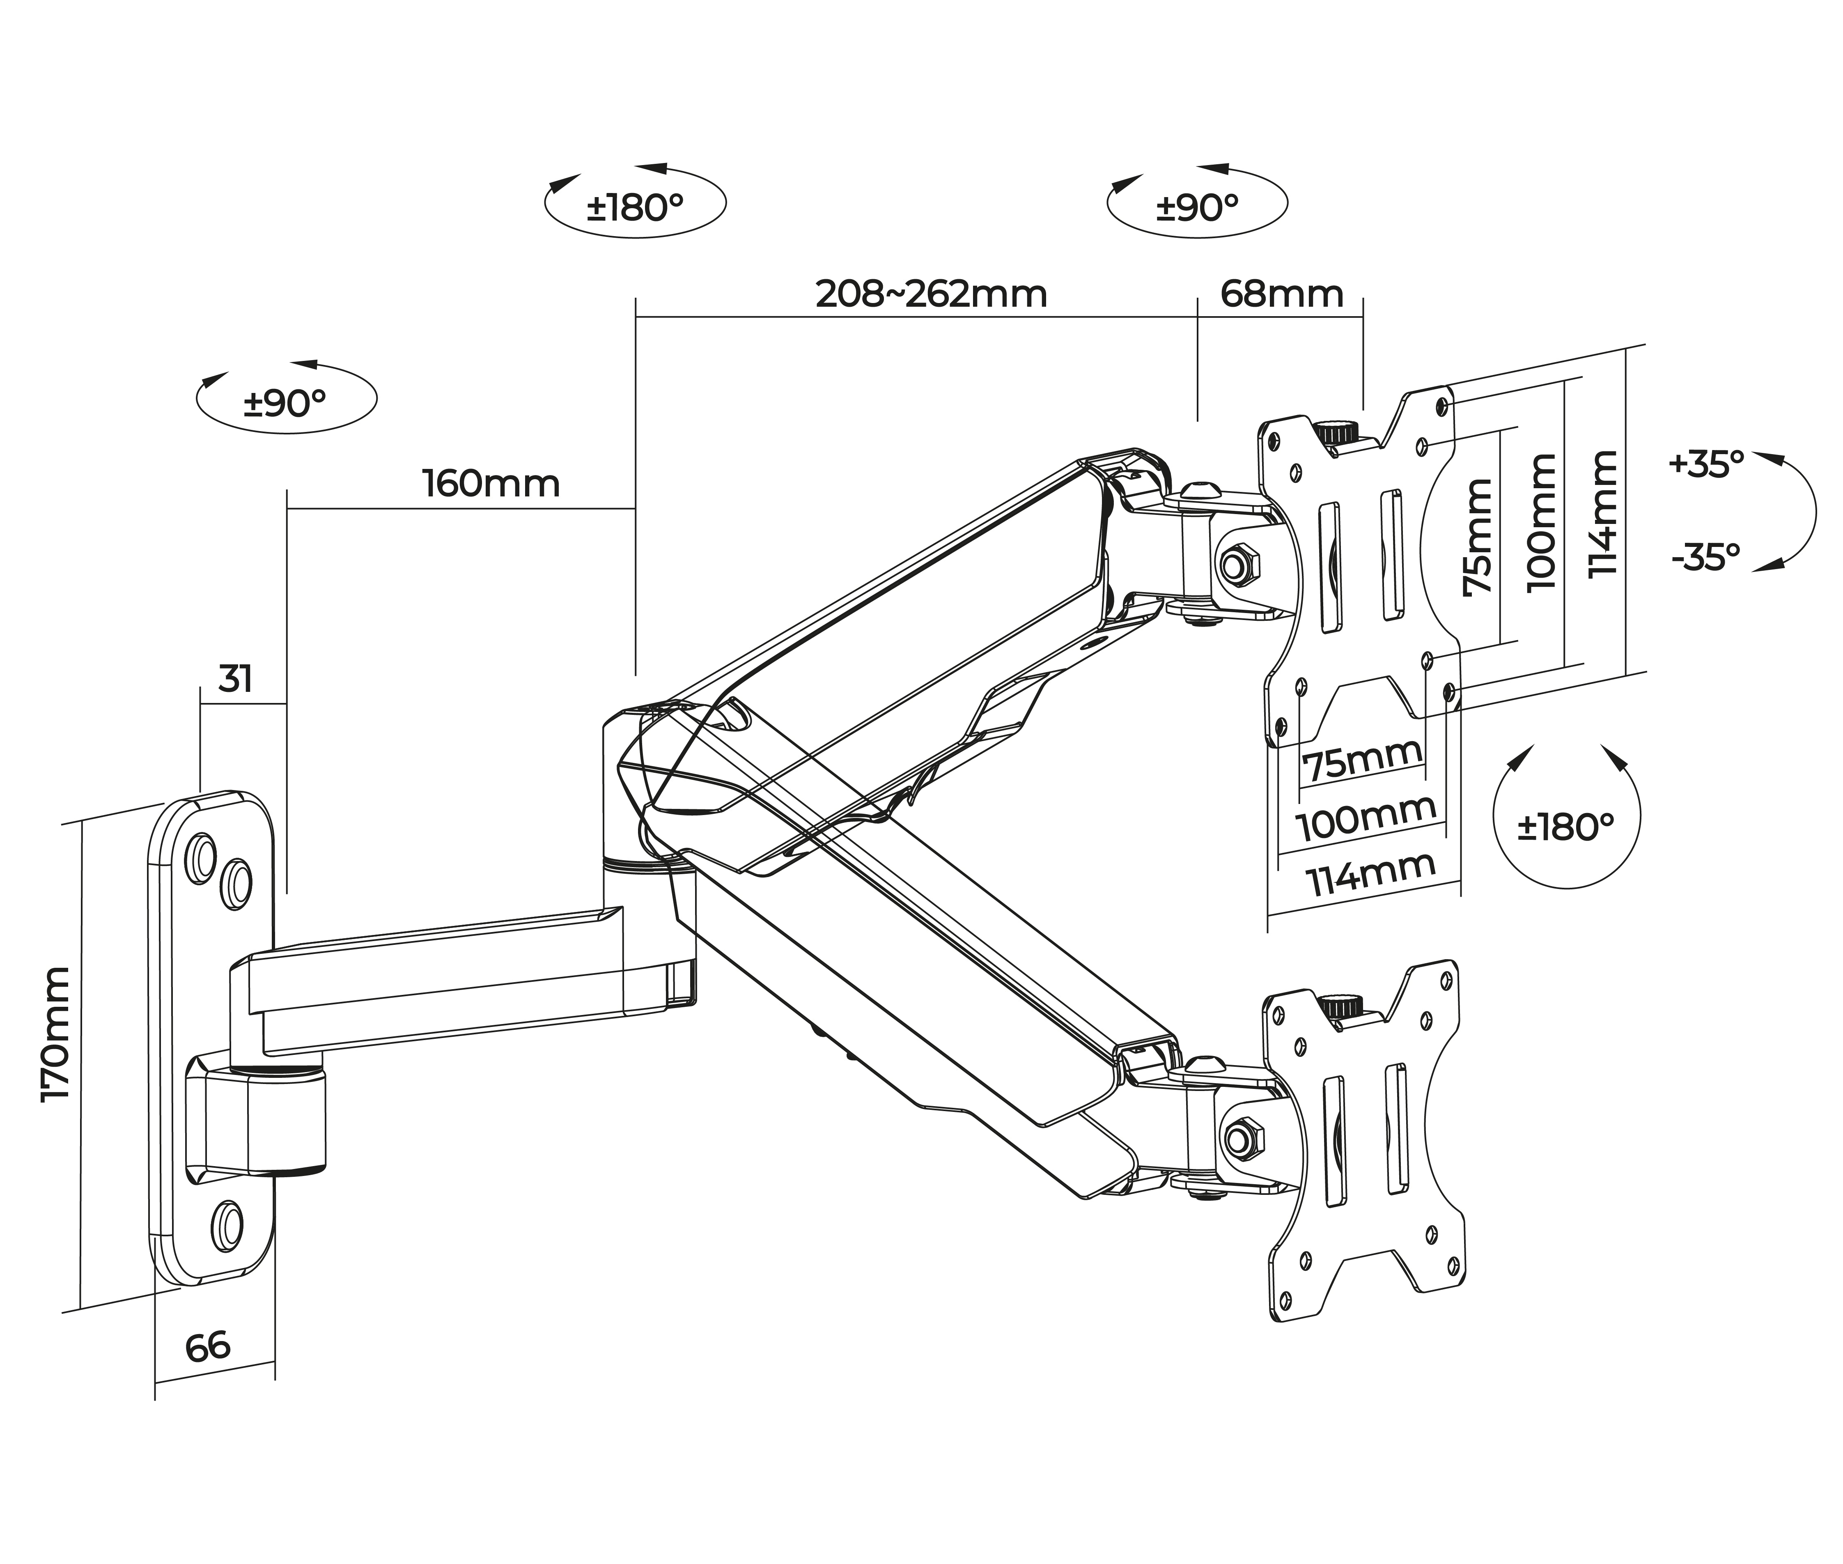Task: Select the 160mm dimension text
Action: pos(491,484)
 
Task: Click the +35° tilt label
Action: pos(1705,464)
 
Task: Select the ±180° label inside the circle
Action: pos(1565,827)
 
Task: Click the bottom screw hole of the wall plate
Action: pos(227,1226)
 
